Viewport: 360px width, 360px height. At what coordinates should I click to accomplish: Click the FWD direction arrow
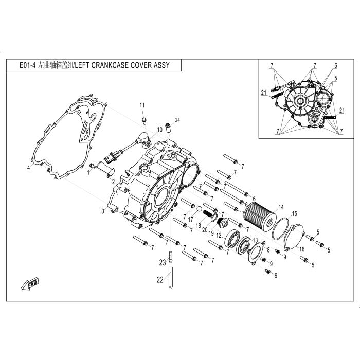tap(30, 284)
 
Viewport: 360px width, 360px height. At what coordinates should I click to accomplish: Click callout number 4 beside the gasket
tap(28, 168)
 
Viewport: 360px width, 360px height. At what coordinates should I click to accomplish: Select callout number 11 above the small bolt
tap(142, 105)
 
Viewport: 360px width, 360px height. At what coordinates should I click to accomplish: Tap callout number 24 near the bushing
tap(177, 120)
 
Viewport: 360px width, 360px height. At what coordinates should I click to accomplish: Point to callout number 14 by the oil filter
tap(281, 207)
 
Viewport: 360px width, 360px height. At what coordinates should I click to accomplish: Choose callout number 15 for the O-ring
tap(294, 214)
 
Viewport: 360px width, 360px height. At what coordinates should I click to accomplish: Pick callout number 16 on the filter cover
tap(302, 249)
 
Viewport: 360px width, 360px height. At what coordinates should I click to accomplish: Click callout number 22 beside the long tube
tap(160, 280)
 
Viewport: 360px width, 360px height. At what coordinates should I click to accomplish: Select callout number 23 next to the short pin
tap(163, 262)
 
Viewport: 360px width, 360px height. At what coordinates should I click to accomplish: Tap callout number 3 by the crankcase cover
tap(103, 211)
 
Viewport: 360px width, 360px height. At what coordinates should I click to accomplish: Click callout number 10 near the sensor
tap(160, 130)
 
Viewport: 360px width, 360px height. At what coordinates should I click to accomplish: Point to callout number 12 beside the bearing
tap(219, 236)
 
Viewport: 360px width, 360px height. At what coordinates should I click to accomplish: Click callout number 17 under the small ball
tap(191, 220)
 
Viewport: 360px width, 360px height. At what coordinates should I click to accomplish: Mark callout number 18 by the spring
tap(199, 225)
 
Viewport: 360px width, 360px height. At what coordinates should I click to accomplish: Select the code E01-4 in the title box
tap(28, 65)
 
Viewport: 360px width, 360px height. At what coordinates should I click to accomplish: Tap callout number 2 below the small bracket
tap(114, 182)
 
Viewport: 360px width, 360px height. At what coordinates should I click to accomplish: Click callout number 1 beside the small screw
tap(88, 172)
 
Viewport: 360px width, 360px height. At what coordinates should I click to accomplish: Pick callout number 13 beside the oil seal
tap(255, 240)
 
